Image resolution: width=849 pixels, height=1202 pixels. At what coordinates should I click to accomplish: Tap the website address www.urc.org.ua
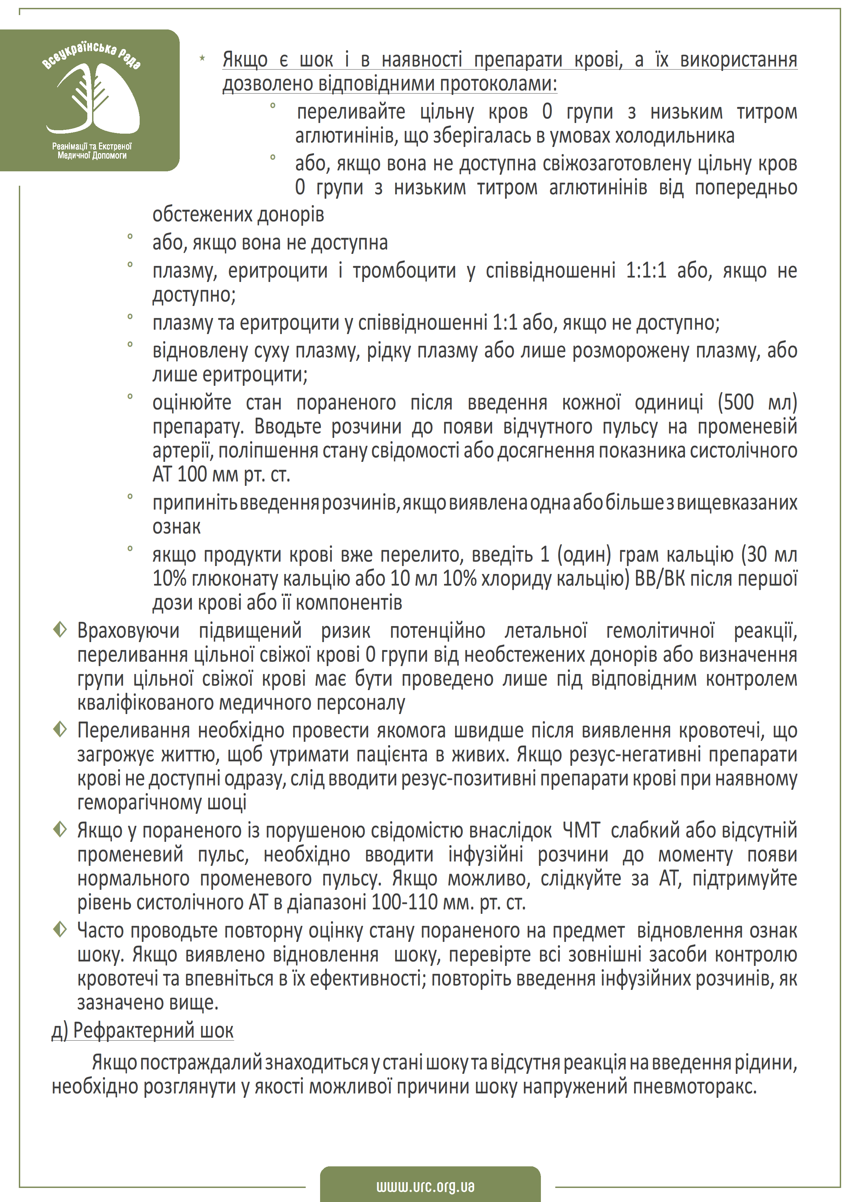pos(425,1186)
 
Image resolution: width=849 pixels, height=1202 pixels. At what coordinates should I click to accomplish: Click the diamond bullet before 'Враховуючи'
pos(60,630)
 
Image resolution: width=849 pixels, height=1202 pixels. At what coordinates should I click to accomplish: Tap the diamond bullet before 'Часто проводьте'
pos(60,930)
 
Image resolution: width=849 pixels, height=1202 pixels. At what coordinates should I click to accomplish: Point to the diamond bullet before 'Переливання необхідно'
pos(60,729)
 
